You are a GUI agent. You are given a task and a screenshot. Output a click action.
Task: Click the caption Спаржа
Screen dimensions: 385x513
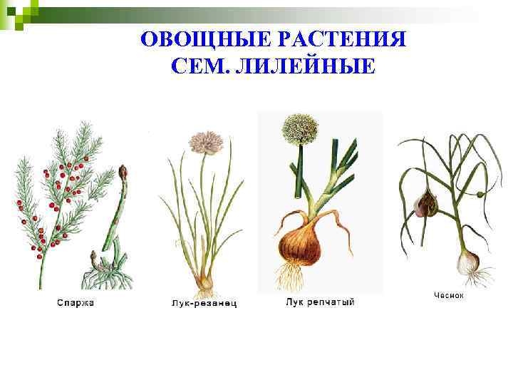click(76, 303)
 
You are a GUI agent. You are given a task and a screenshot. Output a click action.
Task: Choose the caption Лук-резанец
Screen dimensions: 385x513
click(204, 304)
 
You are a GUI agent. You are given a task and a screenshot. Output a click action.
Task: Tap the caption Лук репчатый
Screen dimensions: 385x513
click(320, 302)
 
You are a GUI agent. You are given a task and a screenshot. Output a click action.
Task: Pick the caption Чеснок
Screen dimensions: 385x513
click(449, 295)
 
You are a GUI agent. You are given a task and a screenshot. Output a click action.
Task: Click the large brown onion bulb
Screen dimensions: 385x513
click(300, 242)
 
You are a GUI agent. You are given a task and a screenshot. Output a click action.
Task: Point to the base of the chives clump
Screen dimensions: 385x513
click(206, 282)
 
